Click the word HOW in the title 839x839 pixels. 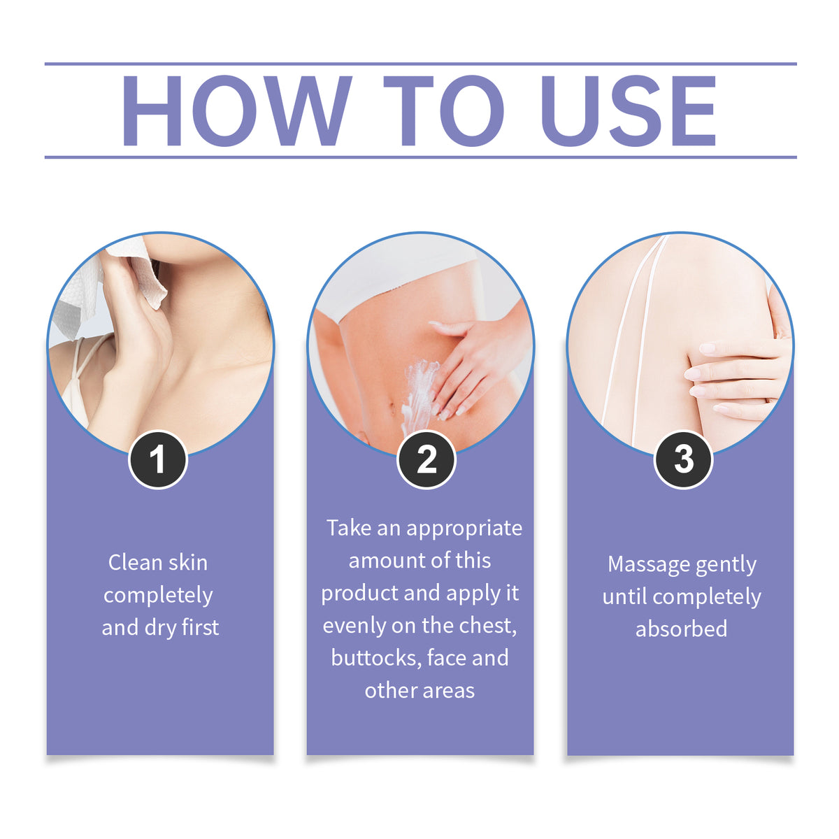[x=236, y=110]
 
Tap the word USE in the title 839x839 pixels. [x=629, y=110]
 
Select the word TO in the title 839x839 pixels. [x=443, y=110]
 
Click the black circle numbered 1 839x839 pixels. [x=157, y=460]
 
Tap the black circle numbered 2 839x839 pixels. [x=426, y=460]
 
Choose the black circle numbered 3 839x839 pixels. [x=683, y=460]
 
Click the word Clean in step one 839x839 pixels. [x=135, y=563]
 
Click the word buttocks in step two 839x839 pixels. [x=376, y=658]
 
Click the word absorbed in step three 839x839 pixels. [x=682, y=629]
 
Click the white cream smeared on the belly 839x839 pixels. [x=419, y=389]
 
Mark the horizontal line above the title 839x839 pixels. [x=421, y=64]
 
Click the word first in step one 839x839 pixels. [x=201, y=628]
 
